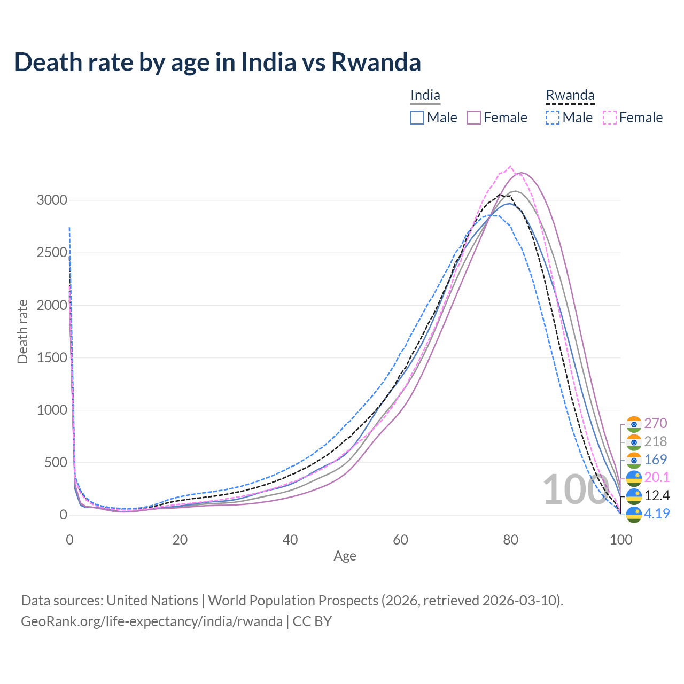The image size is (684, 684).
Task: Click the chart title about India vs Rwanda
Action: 217,62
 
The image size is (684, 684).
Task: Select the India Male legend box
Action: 417,118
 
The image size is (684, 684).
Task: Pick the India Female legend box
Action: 474,118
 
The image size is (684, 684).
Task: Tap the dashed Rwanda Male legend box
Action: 553,118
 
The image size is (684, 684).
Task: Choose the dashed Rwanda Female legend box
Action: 610,118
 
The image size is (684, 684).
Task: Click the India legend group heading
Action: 425,96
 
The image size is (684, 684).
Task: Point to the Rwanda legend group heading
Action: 570,96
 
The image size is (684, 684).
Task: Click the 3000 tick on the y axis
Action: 52,200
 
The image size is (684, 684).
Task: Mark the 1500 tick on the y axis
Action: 52,357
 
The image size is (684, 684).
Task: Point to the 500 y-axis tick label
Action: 56,462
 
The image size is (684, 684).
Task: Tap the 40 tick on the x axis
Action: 290,540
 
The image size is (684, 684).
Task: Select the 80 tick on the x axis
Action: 511,540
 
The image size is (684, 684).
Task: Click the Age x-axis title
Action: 345,556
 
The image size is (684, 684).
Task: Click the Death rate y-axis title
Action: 22,332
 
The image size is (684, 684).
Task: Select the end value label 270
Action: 656,423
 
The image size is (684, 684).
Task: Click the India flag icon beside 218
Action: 634,442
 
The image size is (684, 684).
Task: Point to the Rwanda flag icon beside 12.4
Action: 634,496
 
